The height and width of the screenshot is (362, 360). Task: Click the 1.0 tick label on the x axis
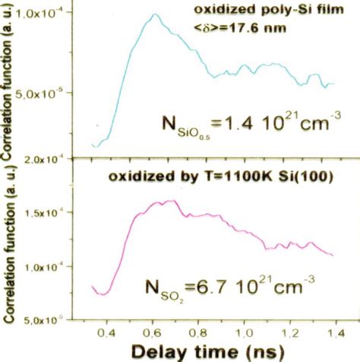point(249,331)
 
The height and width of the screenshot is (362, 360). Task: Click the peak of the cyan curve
point(154,14)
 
